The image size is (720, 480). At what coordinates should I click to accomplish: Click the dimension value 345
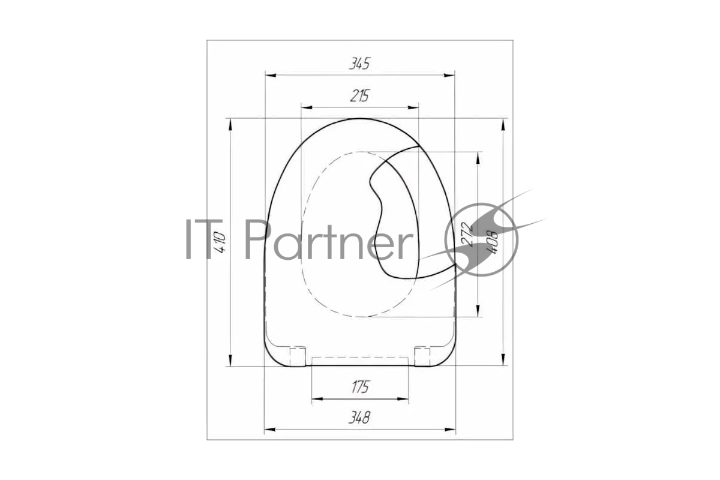pyautogui.click(x=359, y=64)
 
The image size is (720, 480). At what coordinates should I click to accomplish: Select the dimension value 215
pyautogui.click(x=360, y=96)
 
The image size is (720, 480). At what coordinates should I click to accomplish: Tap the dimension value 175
pyautogui.click(x=361, y=387)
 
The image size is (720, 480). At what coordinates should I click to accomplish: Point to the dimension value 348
pyautogui.click(x=359, y=418)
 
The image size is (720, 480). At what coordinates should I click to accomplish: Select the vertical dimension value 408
pyautogui.click(x=493, y=243)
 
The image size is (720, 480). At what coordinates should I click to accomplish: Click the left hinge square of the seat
pyautogui.click(x=298, y=356)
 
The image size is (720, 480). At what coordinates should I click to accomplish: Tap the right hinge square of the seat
pyautogui.click(x=422, y=356)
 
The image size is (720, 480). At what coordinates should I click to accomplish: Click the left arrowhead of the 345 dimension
pyautogui.click(x=271, y=75)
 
